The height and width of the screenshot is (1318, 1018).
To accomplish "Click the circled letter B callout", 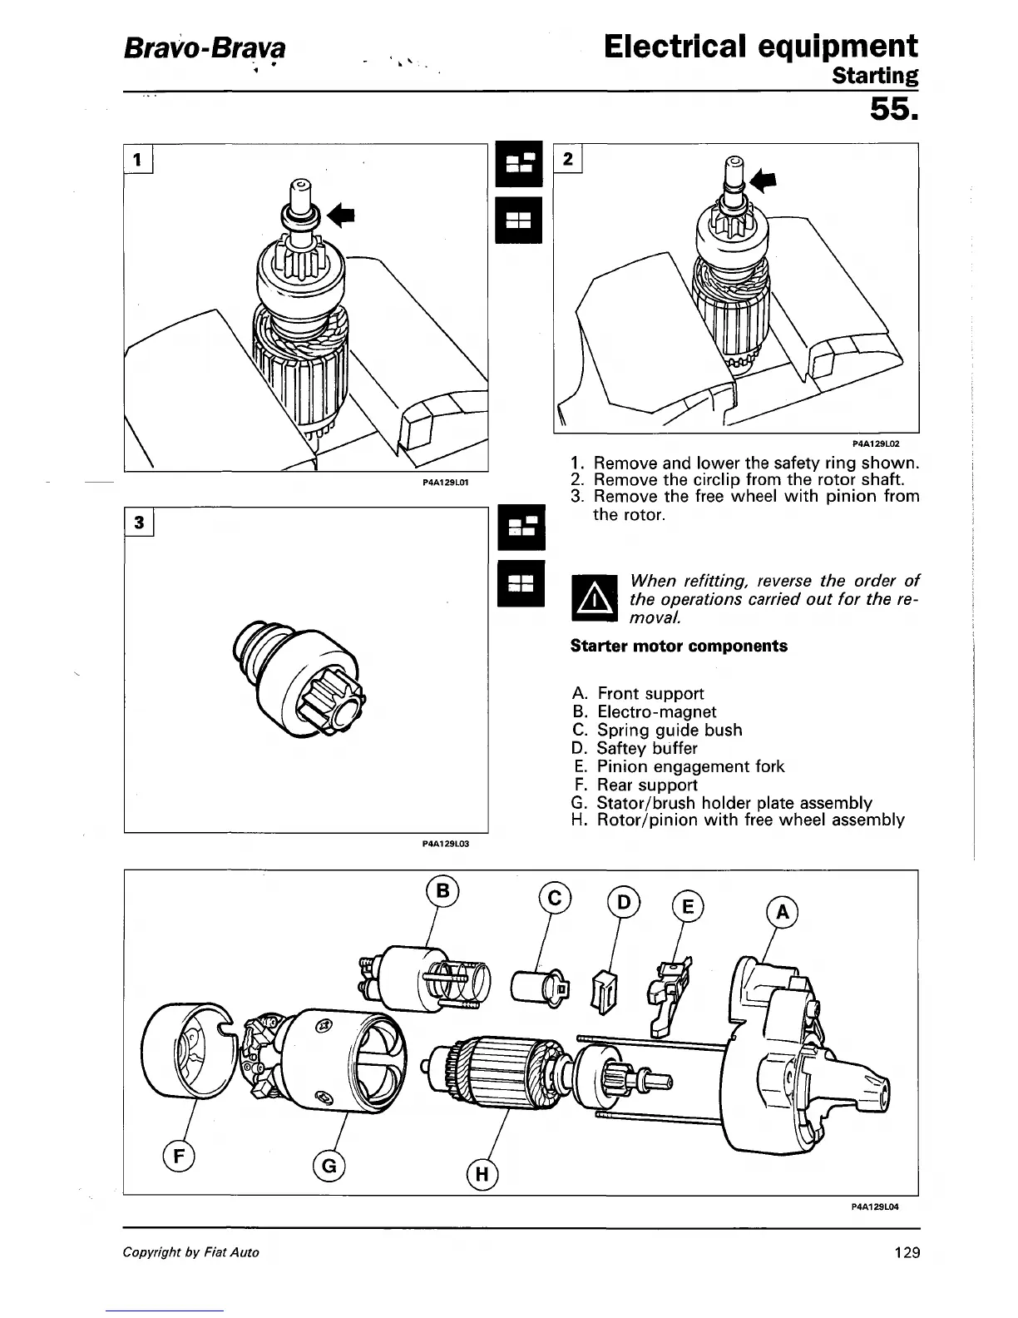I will pos(442,891).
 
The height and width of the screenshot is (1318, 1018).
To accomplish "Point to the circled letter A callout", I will pos(781,913).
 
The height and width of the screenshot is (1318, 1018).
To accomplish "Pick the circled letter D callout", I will pos(624,902).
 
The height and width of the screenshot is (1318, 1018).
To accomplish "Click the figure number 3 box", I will pos(140,522).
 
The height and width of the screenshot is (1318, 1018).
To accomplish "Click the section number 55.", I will pos(894,109).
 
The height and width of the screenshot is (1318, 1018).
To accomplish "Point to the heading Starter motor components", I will pos(679,647).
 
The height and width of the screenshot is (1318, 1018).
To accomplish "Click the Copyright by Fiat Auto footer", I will pos(190,1252).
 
